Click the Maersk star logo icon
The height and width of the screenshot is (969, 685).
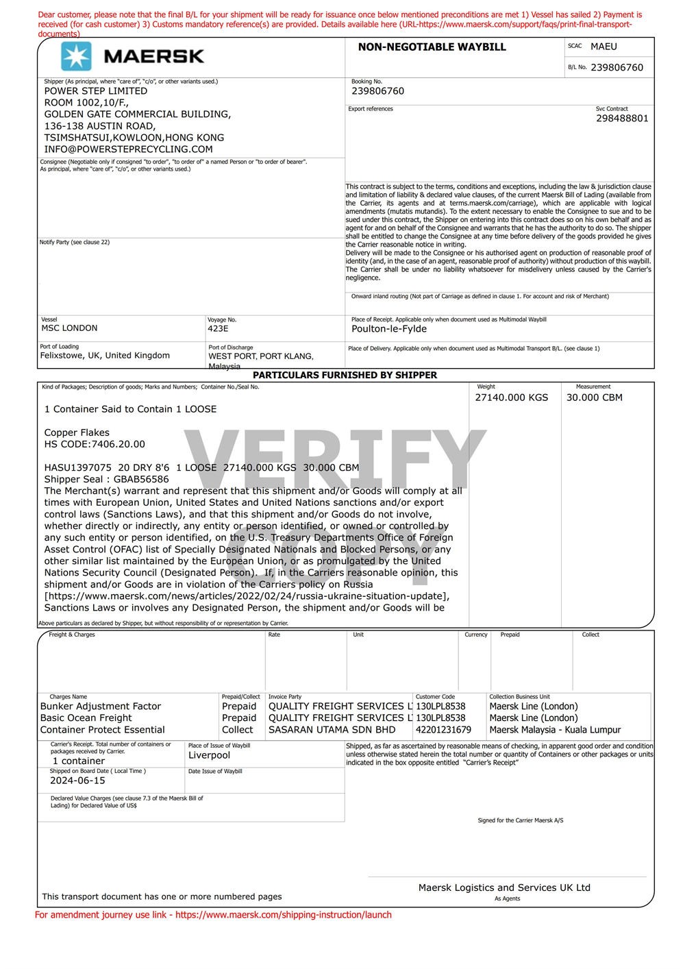(76, 56)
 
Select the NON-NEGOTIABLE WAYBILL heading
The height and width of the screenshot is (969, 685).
(432, 47)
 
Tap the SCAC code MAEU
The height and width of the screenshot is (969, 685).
(603, 47)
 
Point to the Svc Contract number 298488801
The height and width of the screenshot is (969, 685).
(622, 119)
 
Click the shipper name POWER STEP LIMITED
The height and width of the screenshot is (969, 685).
(96, 91)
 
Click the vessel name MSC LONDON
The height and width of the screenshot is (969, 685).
(69, 328)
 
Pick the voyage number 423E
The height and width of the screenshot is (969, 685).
(218, 328)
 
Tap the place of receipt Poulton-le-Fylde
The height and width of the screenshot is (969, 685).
(389, 329)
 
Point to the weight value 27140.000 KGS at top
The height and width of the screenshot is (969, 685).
(512, 397)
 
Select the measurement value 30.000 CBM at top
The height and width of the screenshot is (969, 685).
(595, 397)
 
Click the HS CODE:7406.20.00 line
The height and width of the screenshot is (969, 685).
(95, 444)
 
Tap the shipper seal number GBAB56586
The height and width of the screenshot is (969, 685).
(141, 480)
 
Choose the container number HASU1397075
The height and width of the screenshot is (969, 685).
(77, 468)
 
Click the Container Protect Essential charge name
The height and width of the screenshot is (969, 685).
(103, 730)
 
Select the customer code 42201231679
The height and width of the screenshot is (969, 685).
(444, 730)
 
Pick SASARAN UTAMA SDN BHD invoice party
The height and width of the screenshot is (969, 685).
(332, 730)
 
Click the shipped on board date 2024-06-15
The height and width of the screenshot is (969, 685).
(77, 781)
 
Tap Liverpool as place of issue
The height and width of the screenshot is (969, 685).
(209, 755)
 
